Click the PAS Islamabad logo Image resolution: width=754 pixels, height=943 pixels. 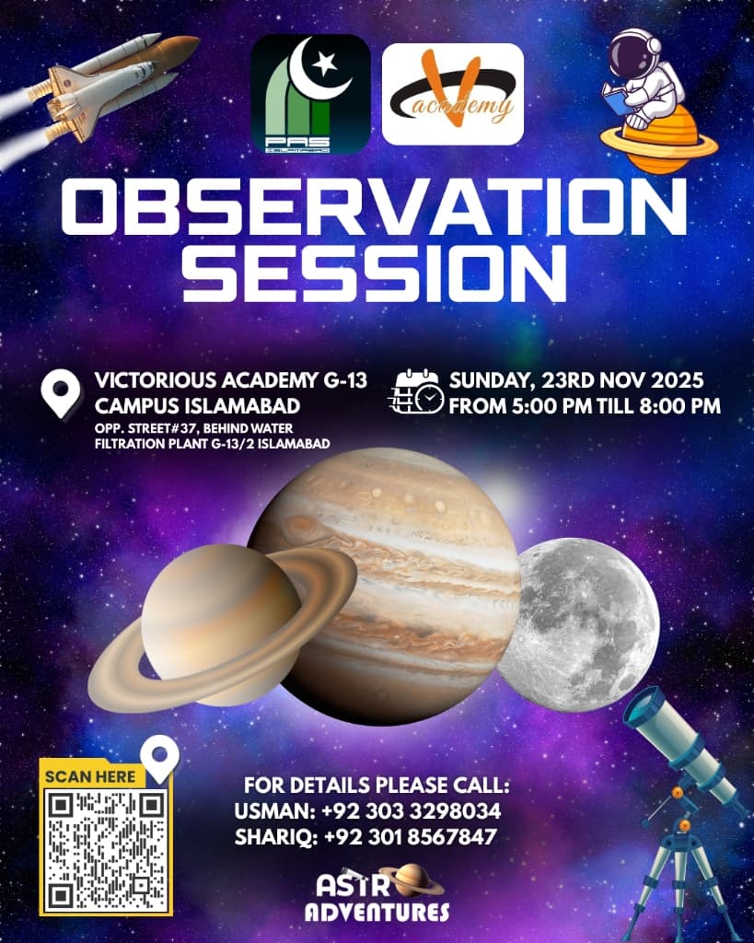[310, 95]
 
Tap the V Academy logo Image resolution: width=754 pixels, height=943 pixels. [453, 94]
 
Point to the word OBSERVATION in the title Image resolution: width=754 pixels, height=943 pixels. [374, 205]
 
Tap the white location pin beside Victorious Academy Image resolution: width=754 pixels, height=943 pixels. [62, 394]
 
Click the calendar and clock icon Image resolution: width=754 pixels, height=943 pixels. [417, 391]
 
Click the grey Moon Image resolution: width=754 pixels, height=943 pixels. [578, 624]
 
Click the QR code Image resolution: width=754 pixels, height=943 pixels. [107, 850]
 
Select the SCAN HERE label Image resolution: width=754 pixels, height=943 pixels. [90, 776]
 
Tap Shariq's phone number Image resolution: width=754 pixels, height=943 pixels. [410, 836]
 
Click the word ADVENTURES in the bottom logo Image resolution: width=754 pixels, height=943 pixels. [377, 912]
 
